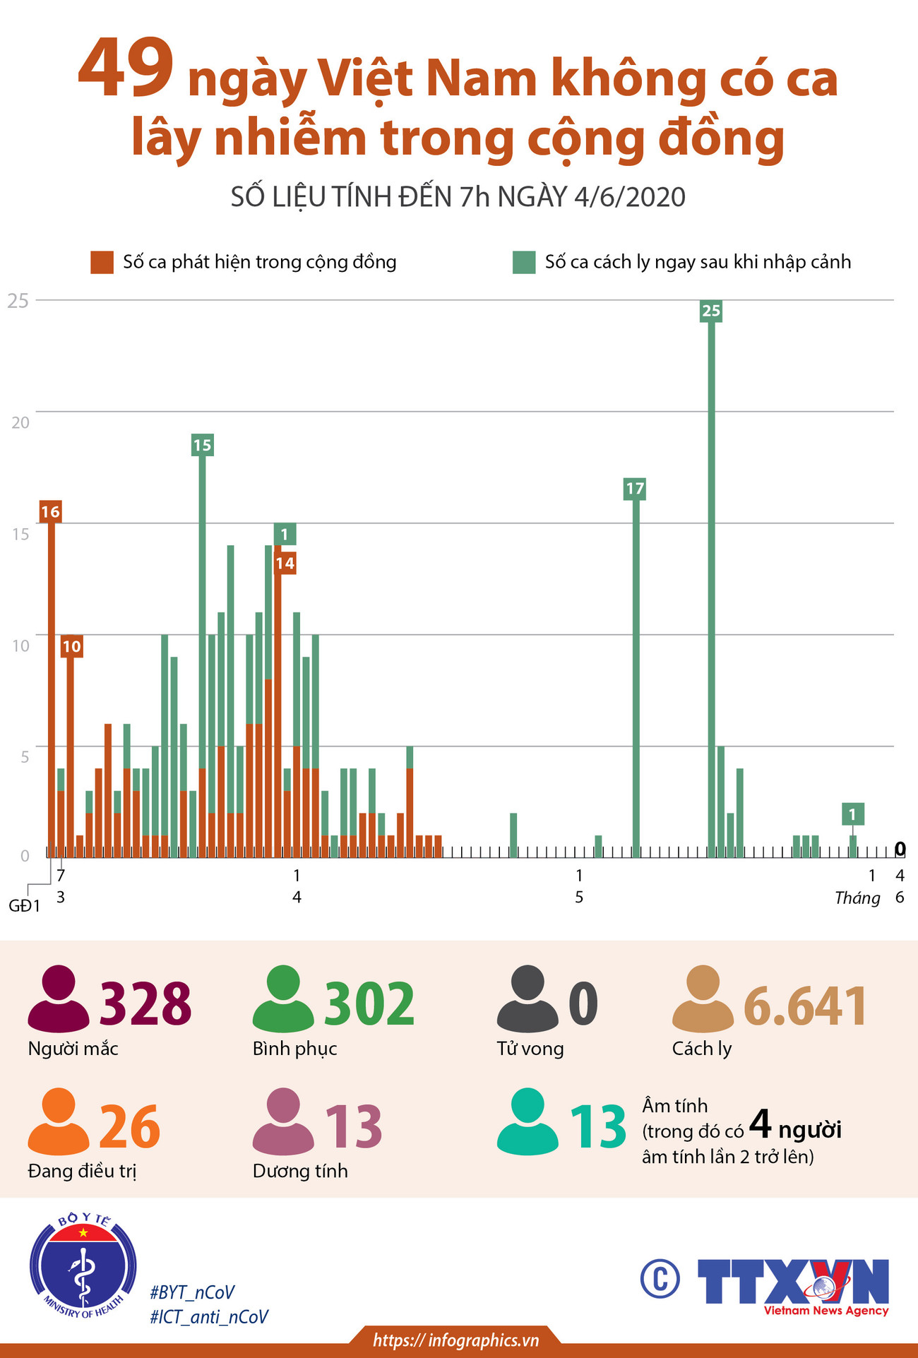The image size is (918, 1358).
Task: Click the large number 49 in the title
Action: (126, 69)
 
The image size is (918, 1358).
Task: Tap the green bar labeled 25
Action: (711, 586)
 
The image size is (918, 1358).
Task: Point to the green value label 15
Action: (202, 445)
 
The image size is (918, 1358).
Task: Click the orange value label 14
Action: (285, 564)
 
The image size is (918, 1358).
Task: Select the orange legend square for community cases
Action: (102, 262)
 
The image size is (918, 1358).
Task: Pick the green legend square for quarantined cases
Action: (523, 262)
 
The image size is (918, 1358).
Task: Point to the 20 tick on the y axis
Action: (20, 422)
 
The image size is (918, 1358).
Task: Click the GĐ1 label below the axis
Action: (25, 906)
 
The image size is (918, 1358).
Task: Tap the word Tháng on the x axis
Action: (857, 898)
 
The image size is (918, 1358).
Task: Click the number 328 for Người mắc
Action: (145, 1003)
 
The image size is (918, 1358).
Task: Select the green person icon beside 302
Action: (283, 999)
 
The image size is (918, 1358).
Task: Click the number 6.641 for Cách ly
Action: (805, 1006)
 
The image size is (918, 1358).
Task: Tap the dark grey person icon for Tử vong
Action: (527, 999)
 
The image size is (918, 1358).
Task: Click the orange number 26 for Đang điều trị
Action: (129, 1126)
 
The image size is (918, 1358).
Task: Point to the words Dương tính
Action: (300, 1171)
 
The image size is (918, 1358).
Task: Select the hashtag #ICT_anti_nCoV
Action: (209, 1317)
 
